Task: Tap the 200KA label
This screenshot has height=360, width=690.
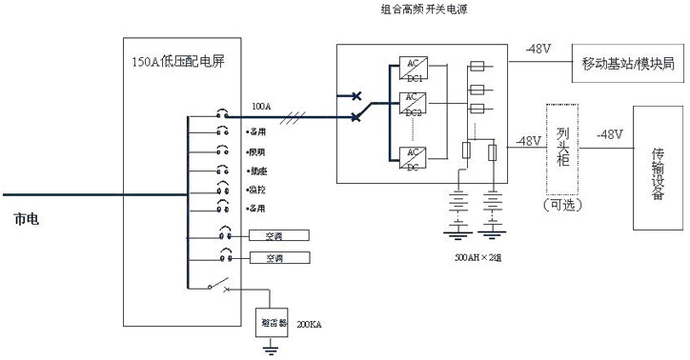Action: [x=310, y=326]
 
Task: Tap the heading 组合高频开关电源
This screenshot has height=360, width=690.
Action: [x=424, y=9]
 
